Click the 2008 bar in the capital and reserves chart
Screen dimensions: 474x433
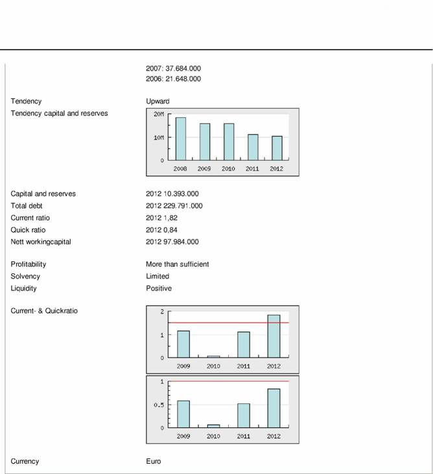pyautogui.click(x=180, y=139)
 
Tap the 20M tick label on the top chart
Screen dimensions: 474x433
pyautogui.click(x=158, y=114)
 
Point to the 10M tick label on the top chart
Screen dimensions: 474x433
pyautogui.click(x=158, y=137)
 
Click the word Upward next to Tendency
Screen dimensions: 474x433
pyautogui.click(x=158, y=101)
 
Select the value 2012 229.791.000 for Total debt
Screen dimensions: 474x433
pyautogui.click(x=174, y=206)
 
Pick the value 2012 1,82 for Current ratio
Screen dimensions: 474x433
pyautogui.click(x=162, y=218)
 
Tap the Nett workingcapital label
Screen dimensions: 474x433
pyautogui.click(x=41, y=242)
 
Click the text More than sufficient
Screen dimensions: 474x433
pyautogui.click(x=177, y=264)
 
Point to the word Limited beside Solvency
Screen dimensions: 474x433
pyautogui.click(x=158, y=276)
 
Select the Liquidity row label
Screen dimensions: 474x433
pyautogui.click(x=24, y=288)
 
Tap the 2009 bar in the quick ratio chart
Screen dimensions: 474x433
pyautogui.click(x=183, y=414)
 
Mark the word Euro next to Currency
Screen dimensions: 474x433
pyautogui.click(x=153, y=462)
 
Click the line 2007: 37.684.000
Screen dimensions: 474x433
pyautogui.click(x=173, y=67)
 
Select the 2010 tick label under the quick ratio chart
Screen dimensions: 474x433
pyautogui.click(x=213, y=436)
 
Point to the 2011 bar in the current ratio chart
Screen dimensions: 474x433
pyautogui.click(x=243, y=344)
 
